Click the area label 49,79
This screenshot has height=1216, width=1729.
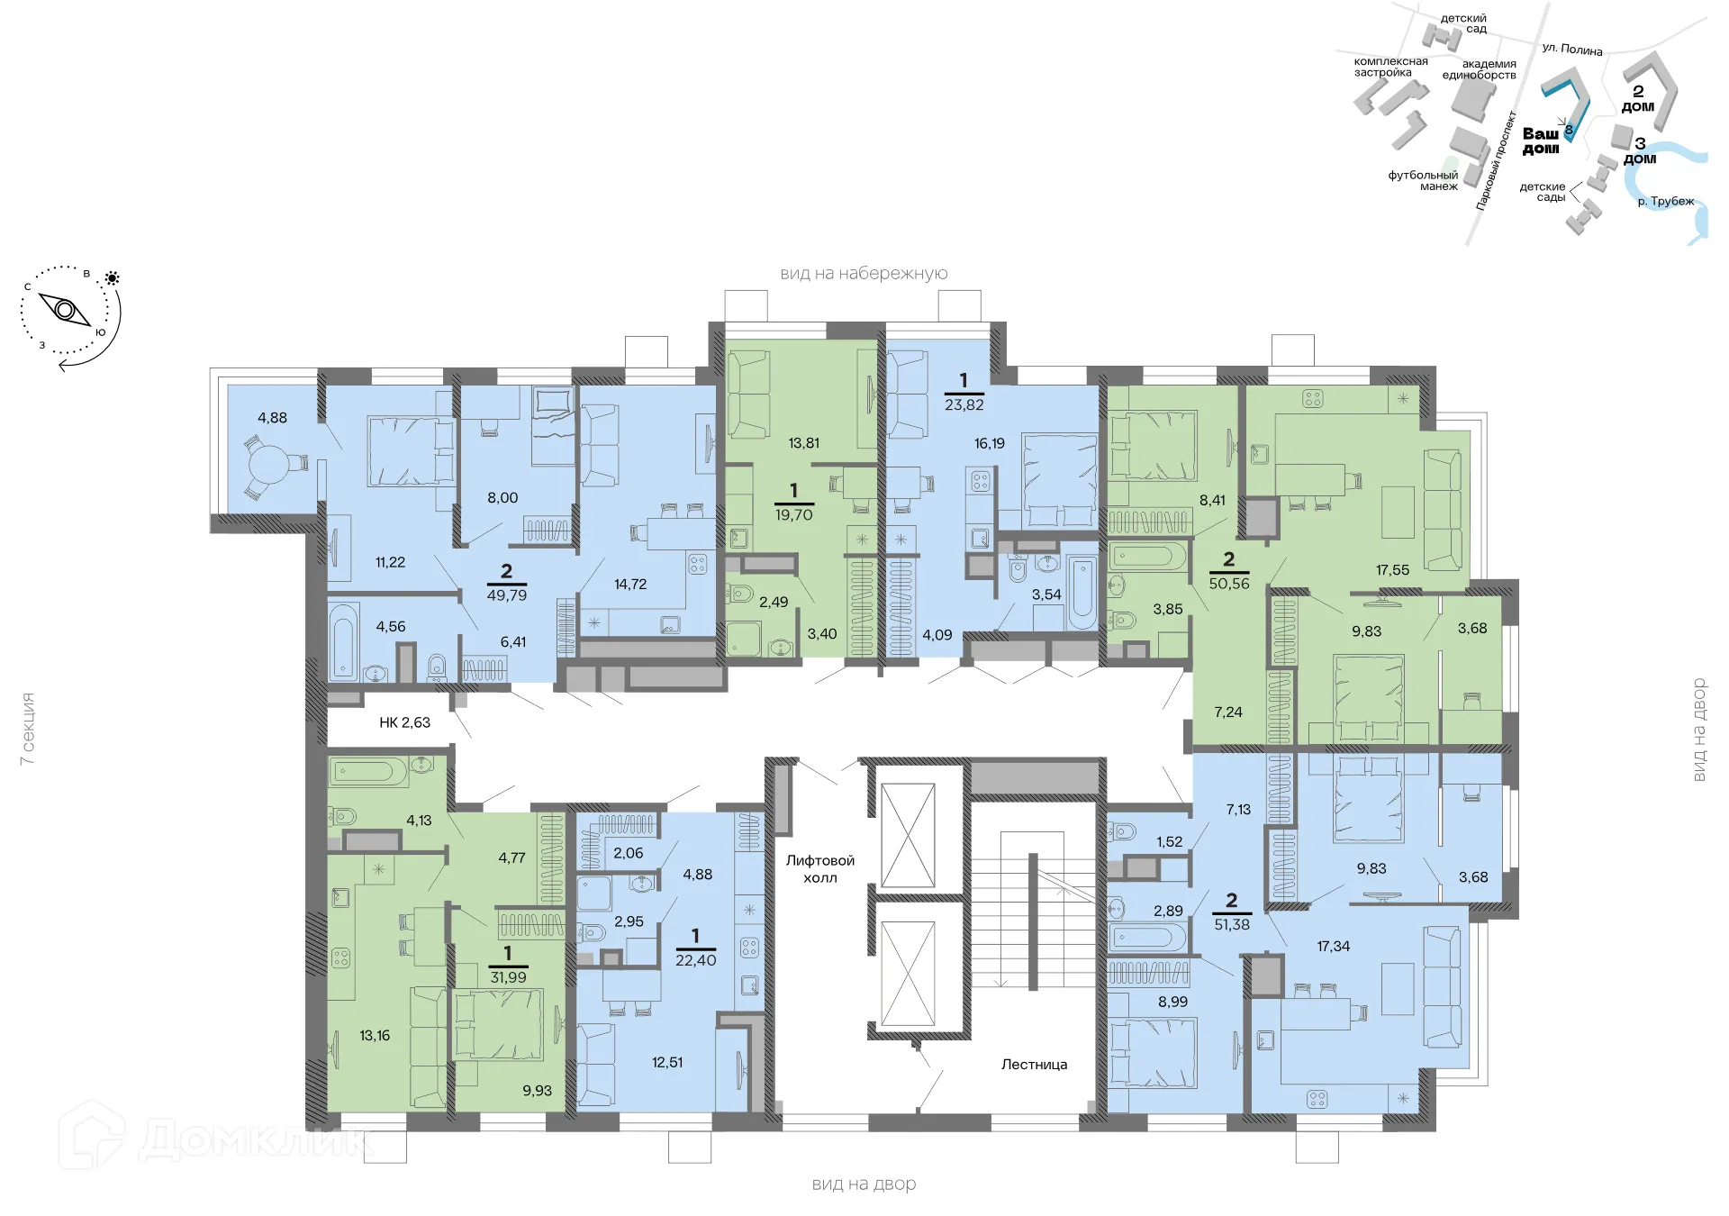pos(507,595)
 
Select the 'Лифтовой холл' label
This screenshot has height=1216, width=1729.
pos(819,869)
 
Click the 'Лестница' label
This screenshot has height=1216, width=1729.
pos(1034,1065)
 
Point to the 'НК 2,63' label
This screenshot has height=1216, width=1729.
pos(404,722)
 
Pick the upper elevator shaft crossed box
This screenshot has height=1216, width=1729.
pos(908,836)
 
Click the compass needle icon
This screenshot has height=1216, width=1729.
pos(66,310)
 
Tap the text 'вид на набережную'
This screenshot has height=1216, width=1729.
pos(864,274)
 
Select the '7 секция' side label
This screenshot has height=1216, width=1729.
pos(28,730)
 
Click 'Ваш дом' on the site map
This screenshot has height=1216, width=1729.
pos(1541,141)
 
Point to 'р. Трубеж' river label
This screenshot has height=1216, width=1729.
pos(1665,202)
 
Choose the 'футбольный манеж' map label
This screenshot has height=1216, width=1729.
pos(1424,181)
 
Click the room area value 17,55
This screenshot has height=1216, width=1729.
pos(1392,570)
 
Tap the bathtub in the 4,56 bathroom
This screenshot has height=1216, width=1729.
pos(342,642)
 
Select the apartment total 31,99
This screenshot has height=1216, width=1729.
pos(508,977)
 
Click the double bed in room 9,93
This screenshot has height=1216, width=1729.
pos(498,1025)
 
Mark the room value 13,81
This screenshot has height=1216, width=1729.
pos(803,443)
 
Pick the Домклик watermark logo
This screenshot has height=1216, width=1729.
pos(216,1138)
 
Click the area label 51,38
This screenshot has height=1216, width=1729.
pos(1232,925)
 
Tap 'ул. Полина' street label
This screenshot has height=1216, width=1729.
pos(1572,50)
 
